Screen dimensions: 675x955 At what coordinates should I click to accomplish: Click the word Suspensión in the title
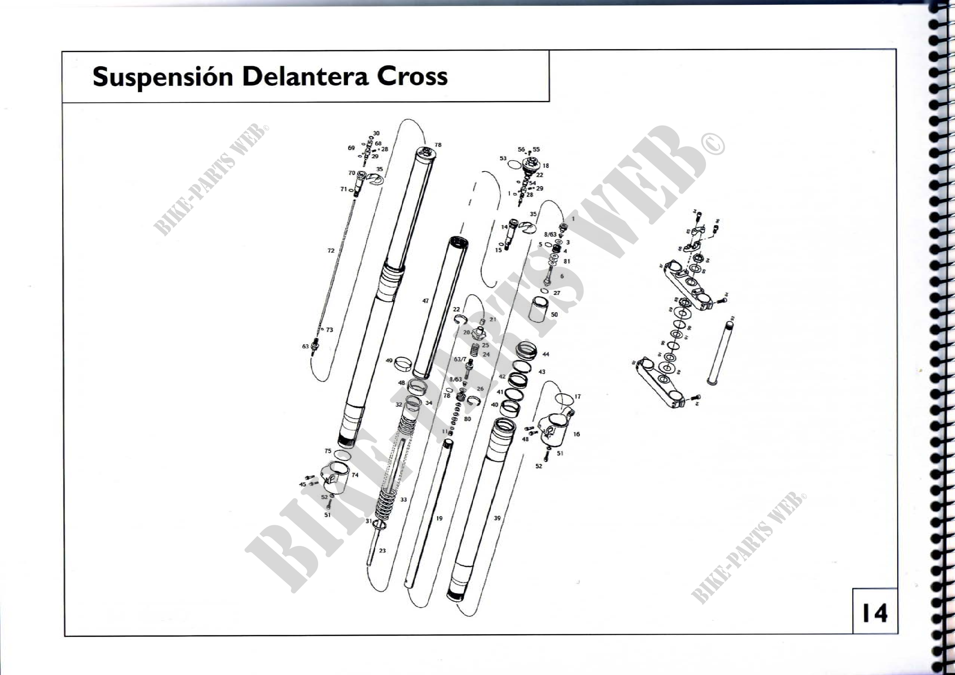click(163, 77)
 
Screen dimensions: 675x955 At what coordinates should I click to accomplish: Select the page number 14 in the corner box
click(874, 613)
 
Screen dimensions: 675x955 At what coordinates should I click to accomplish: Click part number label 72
click(331, 251)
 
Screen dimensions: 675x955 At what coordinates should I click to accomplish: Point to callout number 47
click(425, 301)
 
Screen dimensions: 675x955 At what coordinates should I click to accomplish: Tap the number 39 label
click(497, 518)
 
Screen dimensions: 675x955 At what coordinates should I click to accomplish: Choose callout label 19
click(439, 519)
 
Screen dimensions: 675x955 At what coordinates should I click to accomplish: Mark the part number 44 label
click(546, 354)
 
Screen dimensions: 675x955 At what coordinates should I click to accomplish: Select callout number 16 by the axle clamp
click(576, 434)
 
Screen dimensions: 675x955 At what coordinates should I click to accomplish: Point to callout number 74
click(355, 475)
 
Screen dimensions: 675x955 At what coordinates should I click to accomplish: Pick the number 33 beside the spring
click(403, 499)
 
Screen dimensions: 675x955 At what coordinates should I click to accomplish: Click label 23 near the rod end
click(382, 550)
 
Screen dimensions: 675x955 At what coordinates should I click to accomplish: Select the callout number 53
click(503, 158)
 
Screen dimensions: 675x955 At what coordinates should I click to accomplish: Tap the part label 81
click(567, 261)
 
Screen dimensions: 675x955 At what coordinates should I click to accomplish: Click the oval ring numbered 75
click(342, 455)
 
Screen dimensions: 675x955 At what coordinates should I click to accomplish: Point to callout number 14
click(504, 227)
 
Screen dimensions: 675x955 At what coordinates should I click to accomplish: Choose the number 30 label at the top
click(376, 134)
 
